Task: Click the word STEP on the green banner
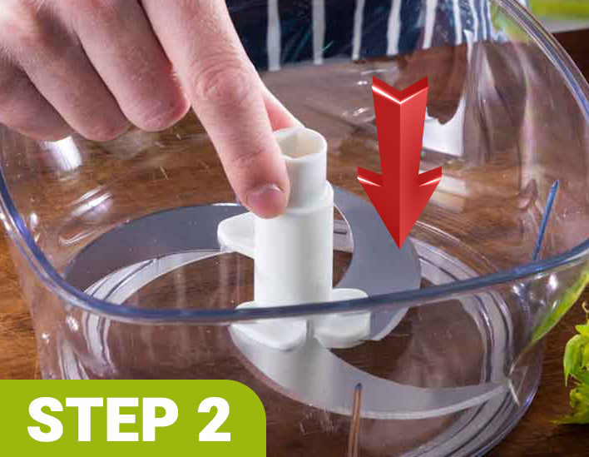102,419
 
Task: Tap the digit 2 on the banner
213,419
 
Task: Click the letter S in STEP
46,419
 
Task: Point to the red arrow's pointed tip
399,246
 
